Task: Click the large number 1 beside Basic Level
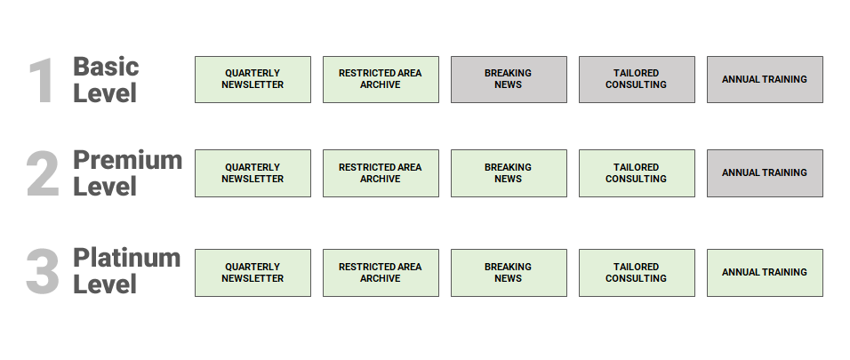pos(42,81)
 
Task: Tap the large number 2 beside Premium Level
pos(43,174)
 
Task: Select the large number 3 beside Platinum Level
pos(43,272)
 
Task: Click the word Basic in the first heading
pos(106,67)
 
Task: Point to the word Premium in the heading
pos(127,160)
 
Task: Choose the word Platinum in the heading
pos(126,258)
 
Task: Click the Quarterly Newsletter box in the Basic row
pos(253,79)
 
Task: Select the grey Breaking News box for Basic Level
pos(509,79)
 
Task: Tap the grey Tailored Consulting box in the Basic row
pos(637,79)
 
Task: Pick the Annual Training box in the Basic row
pos(765,79)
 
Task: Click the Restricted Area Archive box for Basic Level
pos(381,79)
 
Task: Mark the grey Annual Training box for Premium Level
pos(765,173)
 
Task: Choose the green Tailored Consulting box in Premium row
pos(637,173)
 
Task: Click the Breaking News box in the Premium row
pos(509,173)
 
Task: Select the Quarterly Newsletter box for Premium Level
pos(253,173)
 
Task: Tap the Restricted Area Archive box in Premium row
pos(381,173)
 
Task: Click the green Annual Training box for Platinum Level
pos(765,273)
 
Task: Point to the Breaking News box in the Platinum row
pos(509,273)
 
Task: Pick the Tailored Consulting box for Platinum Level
pos(637,273)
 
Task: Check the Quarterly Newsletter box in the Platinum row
pos(253,273)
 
